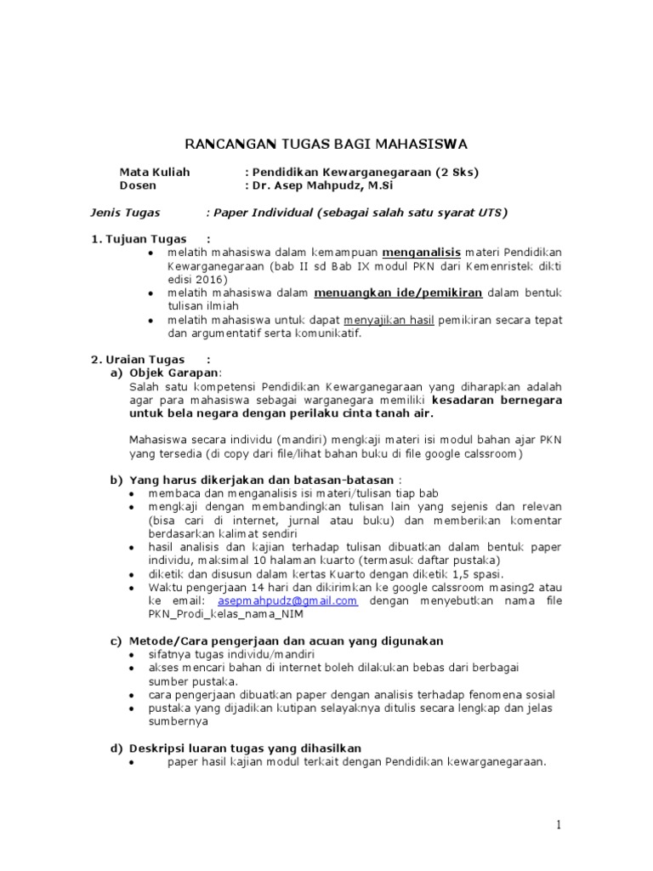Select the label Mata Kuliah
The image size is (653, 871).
[155, 172]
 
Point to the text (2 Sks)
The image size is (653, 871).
[457, 172]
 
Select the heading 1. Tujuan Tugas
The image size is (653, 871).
[139, 239]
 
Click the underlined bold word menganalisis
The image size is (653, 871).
[421, 253]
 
